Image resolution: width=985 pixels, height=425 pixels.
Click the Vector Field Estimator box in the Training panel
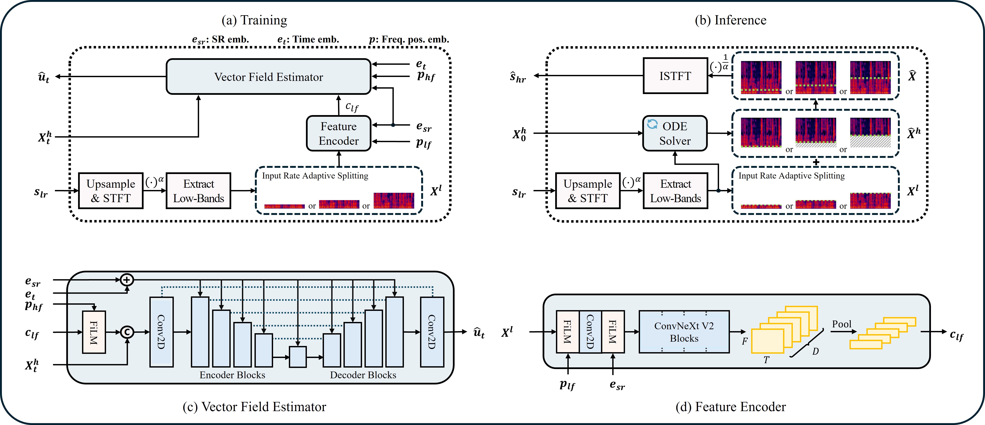(x=268, y=77)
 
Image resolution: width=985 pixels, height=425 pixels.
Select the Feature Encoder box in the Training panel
(x=338, y=133)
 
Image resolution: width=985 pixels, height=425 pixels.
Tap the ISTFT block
(x=675, y=76)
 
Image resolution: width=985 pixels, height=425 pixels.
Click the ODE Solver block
(x=675, y=133)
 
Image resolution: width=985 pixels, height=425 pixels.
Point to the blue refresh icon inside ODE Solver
(x=652, y=124)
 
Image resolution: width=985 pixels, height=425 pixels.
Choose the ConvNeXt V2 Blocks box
(x=684, y=332)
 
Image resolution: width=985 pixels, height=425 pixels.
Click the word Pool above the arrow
(x=842, y=324)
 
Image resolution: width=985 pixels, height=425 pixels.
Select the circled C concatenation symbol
(x=127, y=332)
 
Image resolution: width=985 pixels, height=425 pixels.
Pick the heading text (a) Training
(x=254, y=20)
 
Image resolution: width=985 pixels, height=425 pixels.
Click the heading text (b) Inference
(x=730, y=20)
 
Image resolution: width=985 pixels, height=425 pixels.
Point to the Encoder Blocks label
(x=232, y=375)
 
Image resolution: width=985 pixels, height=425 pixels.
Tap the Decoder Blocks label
(x=363, y=375)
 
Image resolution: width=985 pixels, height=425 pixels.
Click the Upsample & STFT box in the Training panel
(x=111, y=191)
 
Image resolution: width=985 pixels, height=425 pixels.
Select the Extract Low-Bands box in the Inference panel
(x=675, y=191)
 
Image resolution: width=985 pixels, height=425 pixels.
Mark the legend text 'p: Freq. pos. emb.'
(x=409, y=39)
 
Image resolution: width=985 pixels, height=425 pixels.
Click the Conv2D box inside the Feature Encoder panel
(x=590, y=332)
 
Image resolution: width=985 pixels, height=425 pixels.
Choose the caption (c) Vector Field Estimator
(x=254, y=407)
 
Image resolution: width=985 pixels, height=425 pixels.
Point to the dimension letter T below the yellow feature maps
(x=766, y=360)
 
